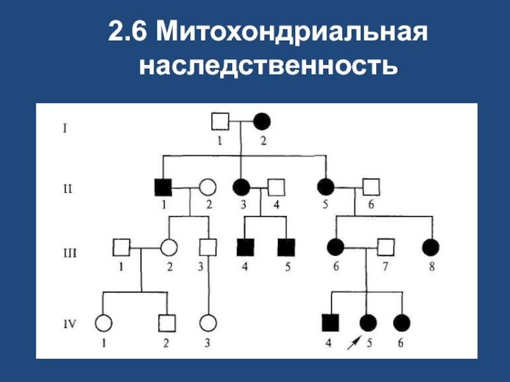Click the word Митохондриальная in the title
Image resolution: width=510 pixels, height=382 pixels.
click(292, 32)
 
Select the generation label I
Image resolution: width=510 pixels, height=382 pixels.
click(65, 129)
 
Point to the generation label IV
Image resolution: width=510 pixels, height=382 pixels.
click(69, 324)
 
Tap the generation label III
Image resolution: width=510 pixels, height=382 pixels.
click(70, 253)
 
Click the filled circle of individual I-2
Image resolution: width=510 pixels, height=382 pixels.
click(262, 122)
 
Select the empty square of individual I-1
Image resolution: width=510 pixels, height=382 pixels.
click(220, 122)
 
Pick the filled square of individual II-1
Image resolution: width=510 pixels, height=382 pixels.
click(163, 187)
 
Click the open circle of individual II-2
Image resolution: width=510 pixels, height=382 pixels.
click(208, 187)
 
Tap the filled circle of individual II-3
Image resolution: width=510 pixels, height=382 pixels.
click(242, 187)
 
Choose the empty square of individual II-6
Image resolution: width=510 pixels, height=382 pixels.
click(371, 187)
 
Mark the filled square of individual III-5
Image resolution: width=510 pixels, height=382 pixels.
click(286, 248)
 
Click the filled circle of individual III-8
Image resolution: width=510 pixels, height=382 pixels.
click(431, 248)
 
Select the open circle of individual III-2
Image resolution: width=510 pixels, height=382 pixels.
click(169, 248)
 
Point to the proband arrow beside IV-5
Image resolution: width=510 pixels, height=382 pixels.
click(354, 343)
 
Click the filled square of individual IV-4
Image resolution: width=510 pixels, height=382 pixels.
click(330, 323)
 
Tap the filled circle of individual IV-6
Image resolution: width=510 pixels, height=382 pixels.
click(402, 323)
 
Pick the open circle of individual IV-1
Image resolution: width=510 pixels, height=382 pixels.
click(104, 323)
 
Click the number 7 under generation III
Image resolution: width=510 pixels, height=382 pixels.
click(385, 267)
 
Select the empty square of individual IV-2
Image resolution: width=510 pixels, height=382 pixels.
click(167, 323)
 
